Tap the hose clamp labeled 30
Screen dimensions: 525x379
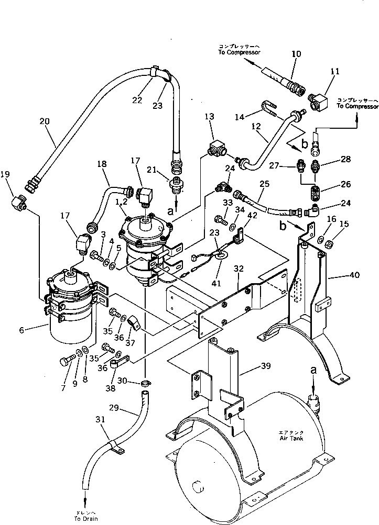[x=145, y=386]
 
